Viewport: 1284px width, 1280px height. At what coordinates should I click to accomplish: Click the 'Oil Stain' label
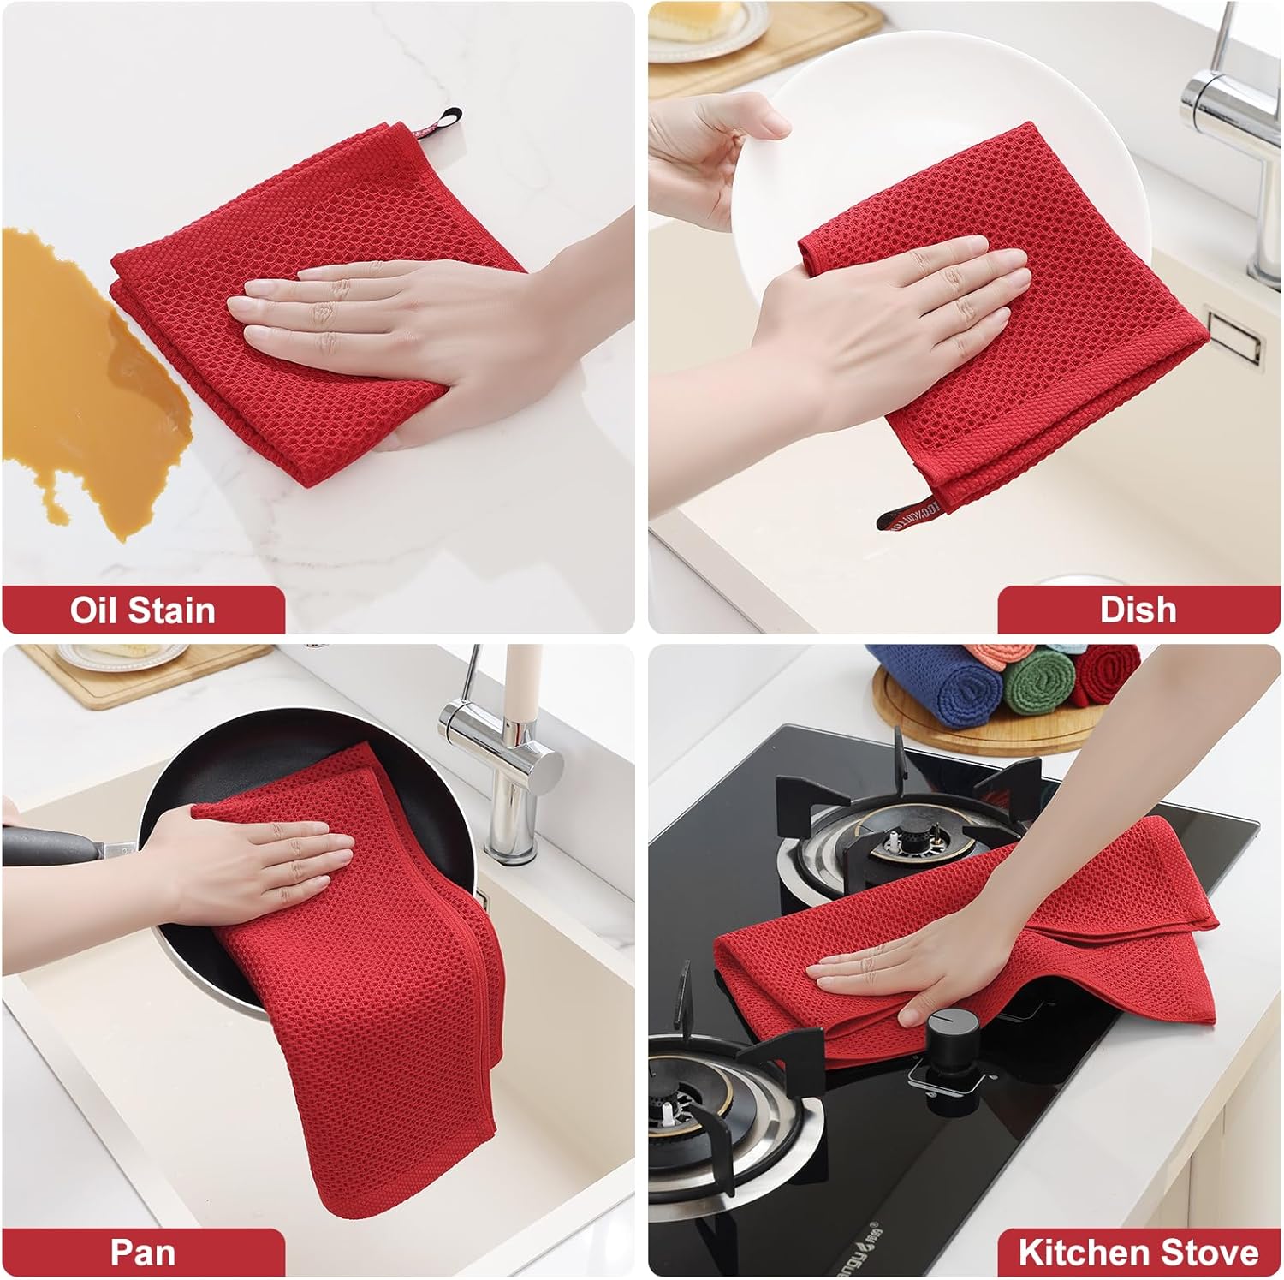143,610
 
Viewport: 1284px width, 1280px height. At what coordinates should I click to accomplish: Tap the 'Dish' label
1138,610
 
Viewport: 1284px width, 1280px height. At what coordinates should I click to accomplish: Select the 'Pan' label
142,1253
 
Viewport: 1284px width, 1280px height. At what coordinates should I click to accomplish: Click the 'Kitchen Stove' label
1138,1253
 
